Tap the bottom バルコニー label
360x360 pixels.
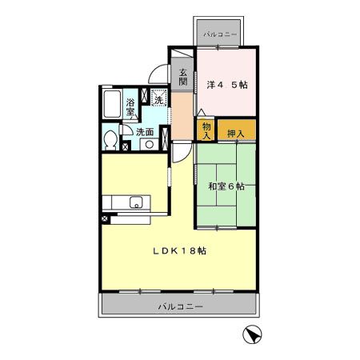(180, 307)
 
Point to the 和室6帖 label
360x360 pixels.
(226, 186)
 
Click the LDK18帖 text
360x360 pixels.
(180, 250)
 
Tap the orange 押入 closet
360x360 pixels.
(236, 132)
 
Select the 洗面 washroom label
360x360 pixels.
(145, 131)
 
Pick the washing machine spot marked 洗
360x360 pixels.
(158, 99)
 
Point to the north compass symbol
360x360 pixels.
(250, 338)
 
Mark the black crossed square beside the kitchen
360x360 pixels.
(105, 218)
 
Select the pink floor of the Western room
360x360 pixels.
(227, 100)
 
